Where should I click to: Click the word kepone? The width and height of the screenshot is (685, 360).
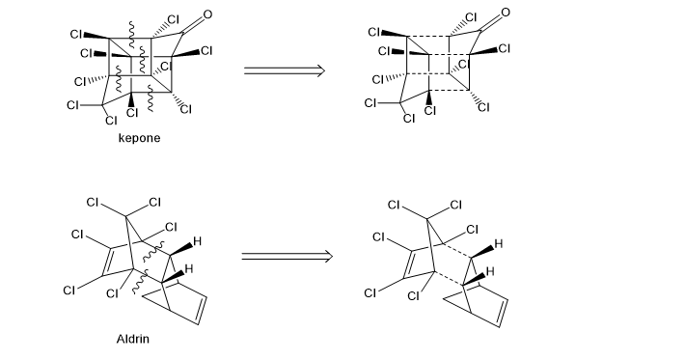(x=139, y=138)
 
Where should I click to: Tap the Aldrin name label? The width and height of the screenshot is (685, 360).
(x=133, y=339)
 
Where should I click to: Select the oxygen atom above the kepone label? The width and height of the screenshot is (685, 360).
(x=207, y=14)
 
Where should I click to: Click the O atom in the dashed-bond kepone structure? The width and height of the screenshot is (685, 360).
(x=506, y=13)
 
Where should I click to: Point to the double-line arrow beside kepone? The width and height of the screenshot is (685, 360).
(x=285, y=70)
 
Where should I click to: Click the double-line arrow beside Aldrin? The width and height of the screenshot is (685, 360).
(x=287, y=256)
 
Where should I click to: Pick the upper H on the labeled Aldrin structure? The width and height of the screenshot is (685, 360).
(x=197, y=241)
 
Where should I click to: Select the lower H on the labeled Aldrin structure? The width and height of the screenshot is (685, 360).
(x=189, y=268)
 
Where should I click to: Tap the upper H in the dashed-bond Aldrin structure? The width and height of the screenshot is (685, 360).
(x=499, y=244)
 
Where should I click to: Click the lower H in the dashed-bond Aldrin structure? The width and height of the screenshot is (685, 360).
(x=490, y=271)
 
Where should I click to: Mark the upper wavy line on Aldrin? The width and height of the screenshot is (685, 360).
(x=152, y=251)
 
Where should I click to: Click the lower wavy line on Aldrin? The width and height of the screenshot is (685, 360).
(x=141, y=282)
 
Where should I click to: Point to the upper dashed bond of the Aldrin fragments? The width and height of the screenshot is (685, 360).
(x=457, y=250)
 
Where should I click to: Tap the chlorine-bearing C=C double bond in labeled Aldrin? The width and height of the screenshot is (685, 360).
(x=106, y=262)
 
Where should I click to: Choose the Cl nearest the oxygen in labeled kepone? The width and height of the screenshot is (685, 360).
(x=173, y=19)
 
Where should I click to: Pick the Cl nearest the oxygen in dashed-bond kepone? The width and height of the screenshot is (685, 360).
(x=471, y=17)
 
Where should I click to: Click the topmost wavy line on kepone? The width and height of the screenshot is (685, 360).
(x=131, y=35)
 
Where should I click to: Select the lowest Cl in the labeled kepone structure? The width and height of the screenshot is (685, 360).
(x=111, y=120)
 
